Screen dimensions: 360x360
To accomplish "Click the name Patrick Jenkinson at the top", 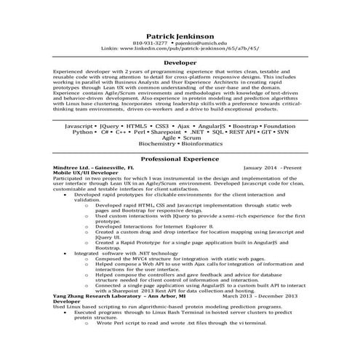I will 180,35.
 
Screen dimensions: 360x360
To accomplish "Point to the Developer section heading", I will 180,63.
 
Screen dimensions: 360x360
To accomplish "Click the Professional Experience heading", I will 180,158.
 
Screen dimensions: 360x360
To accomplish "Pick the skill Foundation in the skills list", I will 284,126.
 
